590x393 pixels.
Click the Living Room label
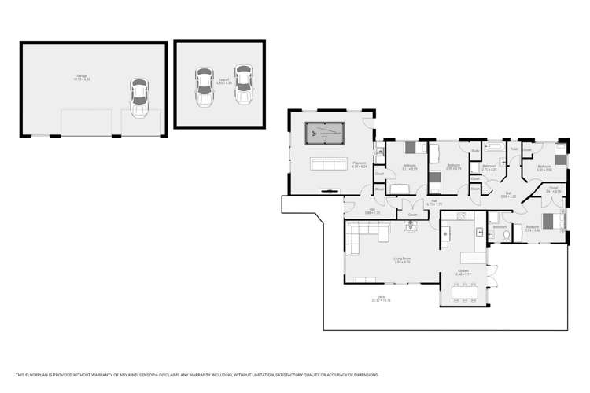click(x=402, y=259)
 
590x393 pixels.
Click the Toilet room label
click(x=513, y=148)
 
